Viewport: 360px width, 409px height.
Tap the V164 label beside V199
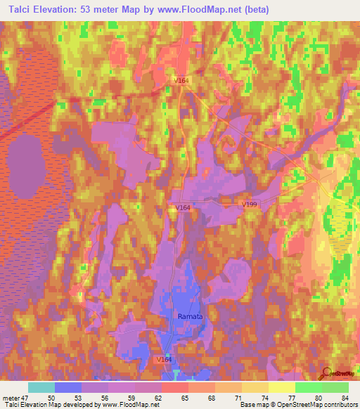pos(183,208)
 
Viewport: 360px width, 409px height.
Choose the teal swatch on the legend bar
pos(41,387)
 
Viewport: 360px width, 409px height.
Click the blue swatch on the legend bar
pos(68,387)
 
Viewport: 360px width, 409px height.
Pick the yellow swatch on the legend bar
pos(281,387)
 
